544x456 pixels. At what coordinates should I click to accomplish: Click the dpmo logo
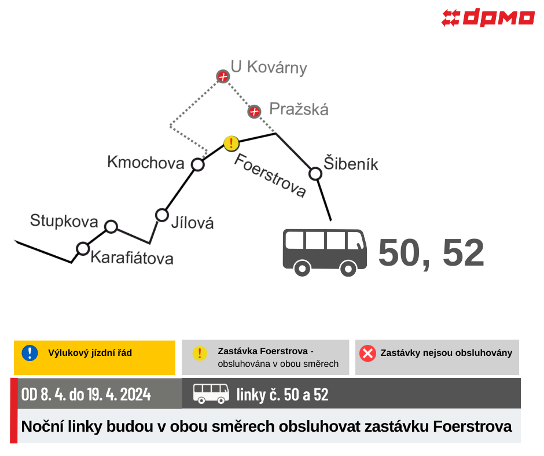click(x=488, y=18)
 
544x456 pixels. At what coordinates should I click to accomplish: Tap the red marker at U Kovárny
click(x=223, y=76)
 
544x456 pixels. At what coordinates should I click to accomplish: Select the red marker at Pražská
click(x=254, y=112)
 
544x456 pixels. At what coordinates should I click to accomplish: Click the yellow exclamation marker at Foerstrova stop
click(x=231, y=144)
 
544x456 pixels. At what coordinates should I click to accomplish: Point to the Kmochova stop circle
click(x=198, y=164)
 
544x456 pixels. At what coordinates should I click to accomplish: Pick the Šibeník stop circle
click(x=315, y=174)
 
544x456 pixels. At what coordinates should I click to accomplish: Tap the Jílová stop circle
click(x=162, y=215)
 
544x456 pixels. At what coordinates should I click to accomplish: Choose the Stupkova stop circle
click(x=111, y=227)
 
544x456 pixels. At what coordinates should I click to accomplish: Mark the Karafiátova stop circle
click(x=83, y=249)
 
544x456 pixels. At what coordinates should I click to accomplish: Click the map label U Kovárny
click(x=269, y=67)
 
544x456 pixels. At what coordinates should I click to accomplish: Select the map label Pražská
click(x=299, y=109)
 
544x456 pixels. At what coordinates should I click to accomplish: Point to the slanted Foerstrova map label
click(x=270, y=175)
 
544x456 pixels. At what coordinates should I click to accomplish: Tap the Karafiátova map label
click(x=132, y=258)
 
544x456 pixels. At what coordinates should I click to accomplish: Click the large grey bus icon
click(x=325, y=252)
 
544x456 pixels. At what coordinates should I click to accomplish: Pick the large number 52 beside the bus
click(x=464, y=253)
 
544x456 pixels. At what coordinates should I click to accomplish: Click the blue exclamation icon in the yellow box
click(x=30, y=353)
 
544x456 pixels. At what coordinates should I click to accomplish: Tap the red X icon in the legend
click(x=367, y=353)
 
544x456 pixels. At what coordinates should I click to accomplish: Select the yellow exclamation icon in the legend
click(x=200, y=353)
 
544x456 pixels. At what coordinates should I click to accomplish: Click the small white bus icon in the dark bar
click(x=211, y=394)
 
